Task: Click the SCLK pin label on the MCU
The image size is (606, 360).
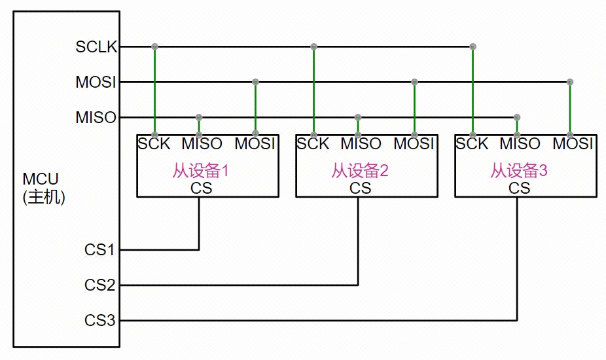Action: [x=96, y=47]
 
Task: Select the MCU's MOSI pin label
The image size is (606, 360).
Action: [x=96, y=82]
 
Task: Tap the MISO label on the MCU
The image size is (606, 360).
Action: [x=96, y=118]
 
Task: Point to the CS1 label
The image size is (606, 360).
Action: [x=99, y=250]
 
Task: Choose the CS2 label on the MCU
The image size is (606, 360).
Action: [x=99, y=285]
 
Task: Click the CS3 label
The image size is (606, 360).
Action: [x=99, y=321]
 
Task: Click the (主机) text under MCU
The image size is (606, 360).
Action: [x=43, y=197]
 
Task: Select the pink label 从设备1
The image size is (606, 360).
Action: [x=200, y=171]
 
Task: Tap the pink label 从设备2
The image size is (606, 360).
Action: [x=359, y=171]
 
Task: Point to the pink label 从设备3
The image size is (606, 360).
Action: [x=518, y=171]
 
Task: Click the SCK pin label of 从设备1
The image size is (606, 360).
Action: [x=154, y=143]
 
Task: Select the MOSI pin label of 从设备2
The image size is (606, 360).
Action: [x=414, y=143]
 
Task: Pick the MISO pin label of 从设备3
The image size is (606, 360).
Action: [x=520, y=143]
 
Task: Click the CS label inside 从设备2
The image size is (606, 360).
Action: [x=360, y=189]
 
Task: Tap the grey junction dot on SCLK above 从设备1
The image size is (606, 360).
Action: [x=154, y=46]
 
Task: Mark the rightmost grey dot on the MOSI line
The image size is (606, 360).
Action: [x=570, y=82]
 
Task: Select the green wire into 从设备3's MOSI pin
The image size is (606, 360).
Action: [x=570, y=108]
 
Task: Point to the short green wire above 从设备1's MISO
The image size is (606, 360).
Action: [x=199, y=126]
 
